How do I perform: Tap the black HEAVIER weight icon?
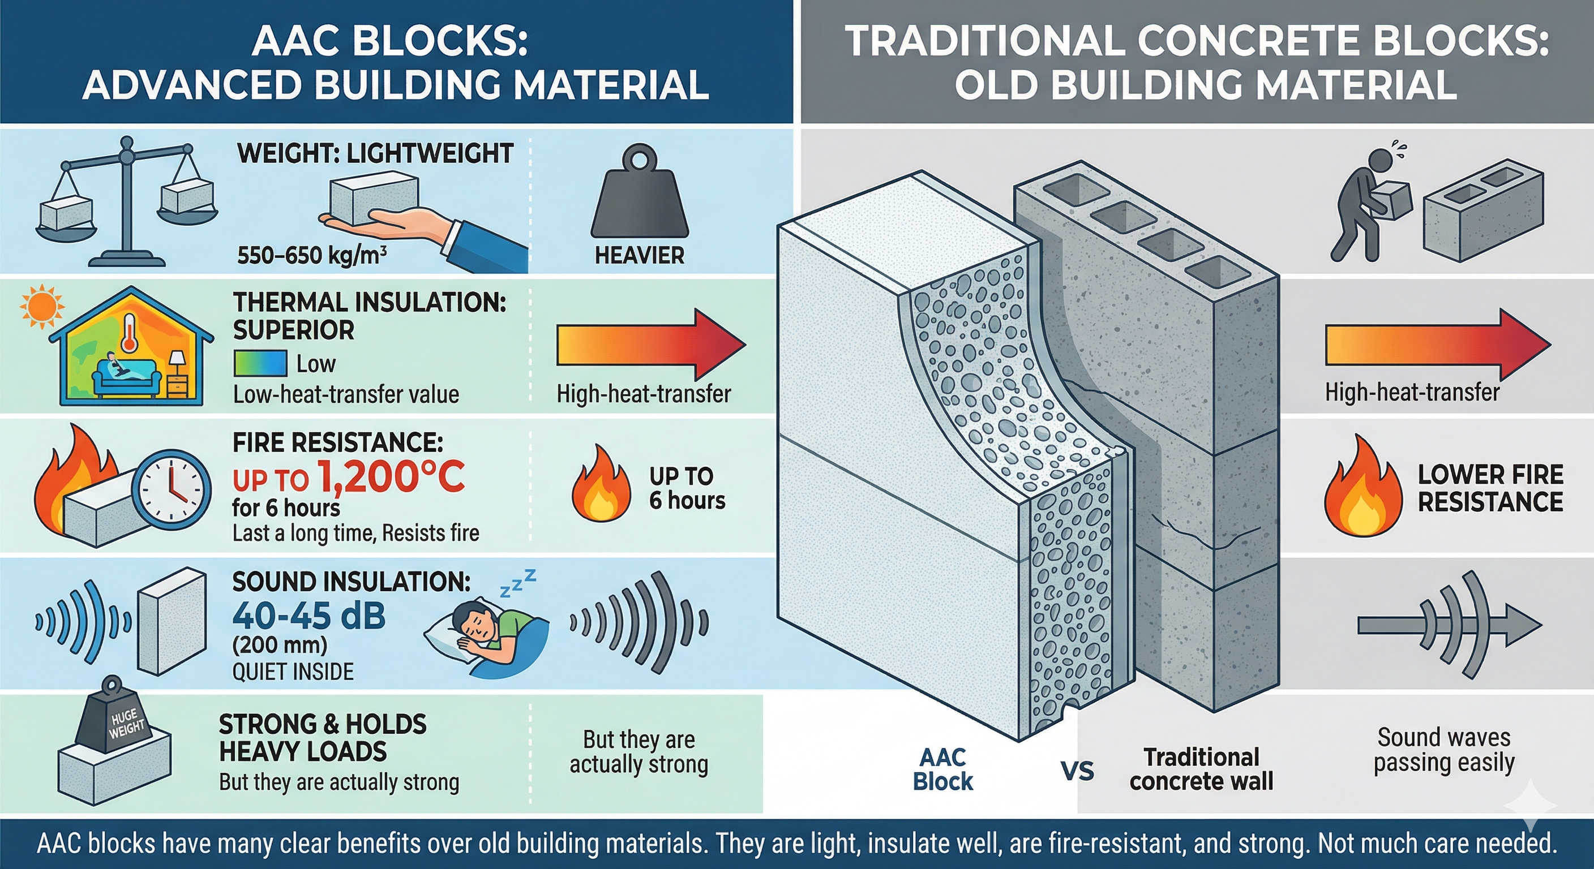(x=639, y=195)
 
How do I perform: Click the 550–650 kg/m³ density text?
(x=312, y=255)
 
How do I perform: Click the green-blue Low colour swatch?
(x=260, y=364)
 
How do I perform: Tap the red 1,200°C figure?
(x=391, y=478)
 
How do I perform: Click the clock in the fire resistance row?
(x=173, y=489)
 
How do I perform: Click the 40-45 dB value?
(x=308, y=616)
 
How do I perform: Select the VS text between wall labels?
(x=1077, y=771)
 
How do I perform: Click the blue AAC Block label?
(x=942, y=769)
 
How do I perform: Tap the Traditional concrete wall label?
(x=1201, y=769)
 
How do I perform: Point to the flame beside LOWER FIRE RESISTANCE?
(x=1362, y=489)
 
